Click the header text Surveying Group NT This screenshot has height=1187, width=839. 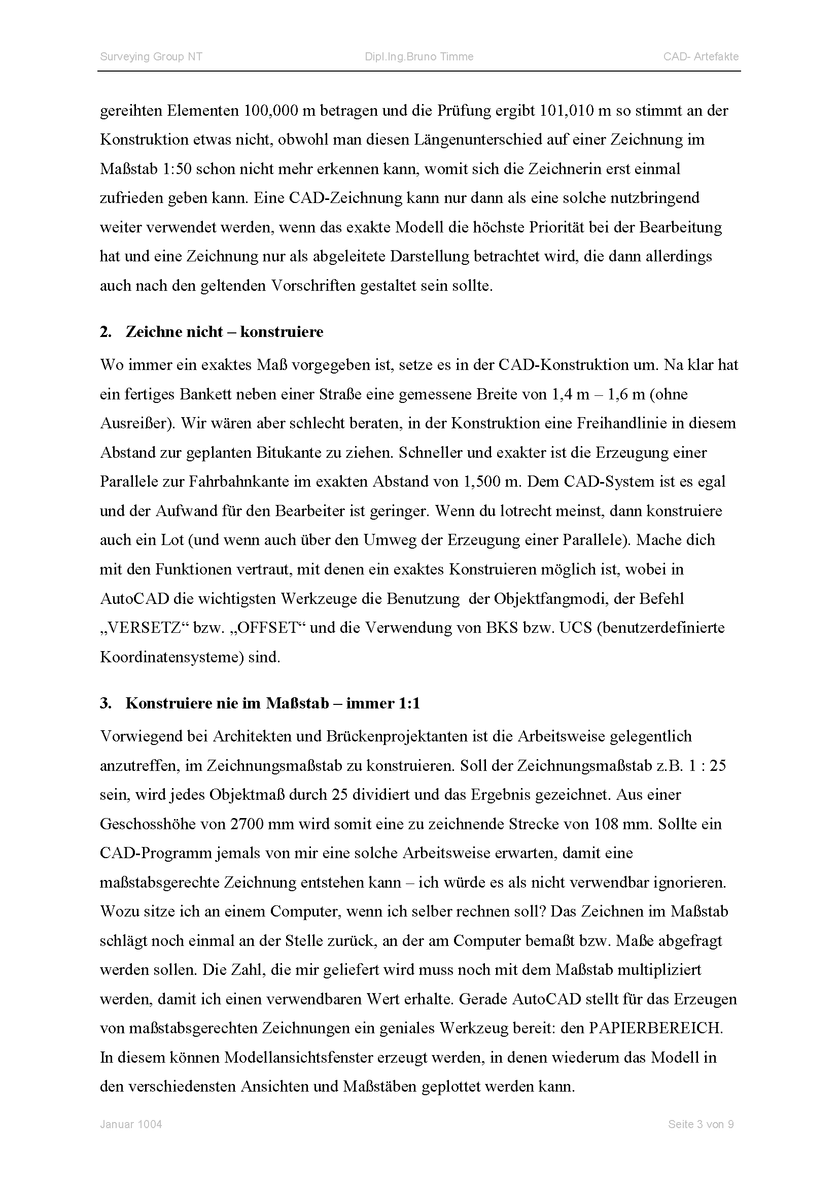point(151,57)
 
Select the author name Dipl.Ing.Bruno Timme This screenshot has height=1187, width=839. point(419,57)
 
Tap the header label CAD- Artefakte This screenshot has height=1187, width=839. point(701,57)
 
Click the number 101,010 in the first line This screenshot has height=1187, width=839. point(567,111)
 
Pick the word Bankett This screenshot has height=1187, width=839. point(204,394)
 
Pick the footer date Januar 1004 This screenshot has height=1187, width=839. point(131,1125)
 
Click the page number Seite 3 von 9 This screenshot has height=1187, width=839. point(701,1125)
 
